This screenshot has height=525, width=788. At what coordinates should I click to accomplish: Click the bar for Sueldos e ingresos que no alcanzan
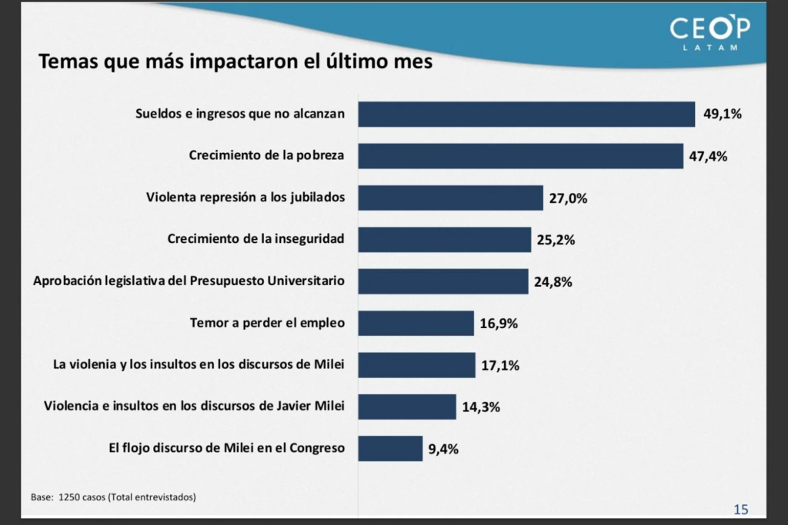[x=526, y=115]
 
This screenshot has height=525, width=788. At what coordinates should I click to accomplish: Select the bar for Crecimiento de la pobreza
[x=520, y=156]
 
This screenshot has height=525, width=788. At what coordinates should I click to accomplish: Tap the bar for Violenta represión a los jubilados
[x=450, y=198]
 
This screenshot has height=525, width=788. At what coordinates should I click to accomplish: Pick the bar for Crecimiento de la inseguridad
[x=444, y=239]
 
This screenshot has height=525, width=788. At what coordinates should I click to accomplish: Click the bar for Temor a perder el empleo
[x=416, y=323]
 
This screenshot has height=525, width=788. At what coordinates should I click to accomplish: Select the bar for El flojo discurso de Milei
[x=390, y=448]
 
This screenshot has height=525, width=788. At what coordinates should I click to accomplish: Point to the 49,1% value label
[x=722, y=115]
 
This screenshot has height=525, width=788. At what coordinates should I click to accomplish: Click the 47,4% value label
[x=709, y=156]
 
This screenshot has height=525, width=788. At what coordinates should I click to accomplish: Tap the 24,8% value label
[x=553, y=281]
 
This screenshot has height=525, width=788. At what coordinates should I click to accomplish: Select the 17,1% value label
[x=500, y=365]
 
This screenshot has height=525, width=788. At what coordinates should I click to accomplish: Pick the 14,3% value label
[x=481, y=407]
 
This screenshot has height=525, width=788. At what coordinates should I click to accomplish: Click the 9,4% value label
[x=443, y=449]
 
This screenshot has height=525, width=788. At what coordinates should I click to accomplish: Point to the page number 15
[x=740, y=509]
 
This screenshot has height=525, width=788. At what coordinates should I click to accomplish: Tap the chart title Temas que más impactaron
[x=235, y=61]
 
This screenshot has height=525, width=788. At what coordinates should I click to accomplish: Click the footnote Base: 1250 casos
[x=113, y=497]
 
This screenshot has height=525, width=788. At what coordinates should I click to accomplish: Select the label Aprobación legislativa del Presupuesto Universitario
[x=189, y=281]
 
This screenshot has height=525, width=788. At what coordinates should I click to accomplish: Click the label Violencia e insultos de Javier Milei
[x=194, y=406]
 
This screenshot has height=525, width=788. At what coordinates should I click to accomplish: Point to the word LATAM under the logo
[x=710, y=48]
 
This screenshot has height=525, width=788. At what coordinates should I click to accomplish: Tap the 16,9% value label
[x=499, y=324]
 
